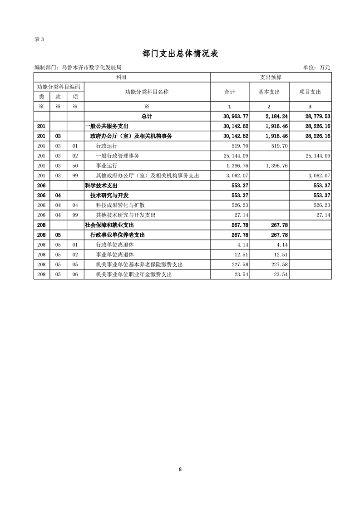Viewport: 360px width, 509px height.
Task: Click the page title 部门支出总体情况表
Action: (x=180, y=54)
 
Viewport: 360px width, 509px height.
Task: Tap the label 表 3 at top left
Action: (x=39, y=39)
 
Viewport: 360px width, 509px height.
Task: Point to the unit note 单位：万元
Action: (x=316, y=68)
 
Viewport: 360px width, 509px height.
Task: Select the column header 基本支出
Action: (x=269, y=92)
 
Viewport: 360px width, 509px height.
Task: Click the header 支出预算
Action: (x=271, y=78)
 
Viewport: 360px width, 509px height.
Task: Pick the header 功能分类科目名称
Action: (x=147, y=92)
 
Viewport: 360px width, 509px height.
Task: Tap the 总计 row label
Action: (x=147, y=117)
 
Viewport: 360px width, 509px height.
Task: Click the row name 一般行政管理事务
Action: (x=118, y=156)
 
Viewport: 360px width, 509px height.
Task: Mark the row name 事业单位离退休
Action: (x=114, y=254)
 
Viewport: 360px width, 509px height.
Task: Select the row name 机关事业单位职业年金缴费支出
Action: (x=134, y=274)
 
